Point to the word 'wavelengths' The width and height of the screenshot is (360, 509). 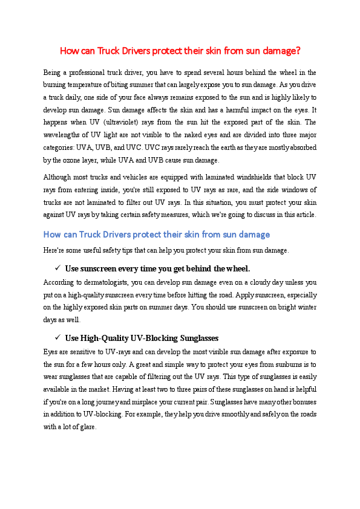(x=61, y=134)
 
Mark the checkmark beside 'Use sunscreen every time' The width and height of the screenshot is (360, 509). (x=57, y=268)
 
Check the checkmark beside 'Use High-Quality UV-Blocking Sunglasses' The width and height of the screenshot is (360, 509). (x=57, y=337)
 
